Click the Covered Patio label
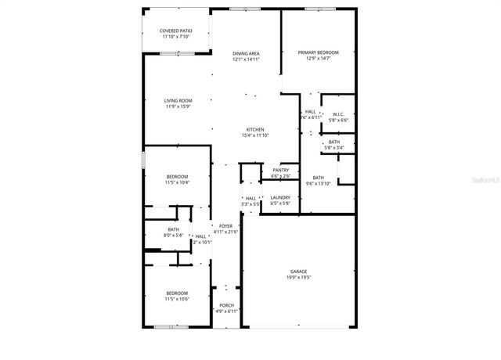coord(176,31)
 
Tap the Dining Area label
coord(245,53)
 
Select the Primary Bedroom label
coord(317,52)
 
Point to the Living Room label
coord(178,100)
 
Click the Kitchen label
coord(255,129)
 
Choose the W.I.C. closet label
coord(338,114)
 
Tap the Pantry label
coord(280,170)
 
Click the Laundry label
coord(280,197)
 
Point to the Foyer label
coord(225,225)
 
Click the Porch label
coord(226,305)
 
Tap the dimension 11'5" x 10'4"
coord(177,183)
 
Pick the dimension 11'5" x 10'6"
coord(176,299)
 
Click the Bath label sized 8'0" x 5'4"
coord(173,229)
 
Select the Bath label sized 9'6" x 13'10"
coord(318,178)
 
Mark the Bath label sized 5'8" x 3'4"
coord(334,142)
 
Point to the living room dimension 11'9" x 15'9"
coord(178,106)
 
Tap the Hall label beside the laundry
coord(250,198)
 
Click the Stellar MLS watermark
coord(485,179)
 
